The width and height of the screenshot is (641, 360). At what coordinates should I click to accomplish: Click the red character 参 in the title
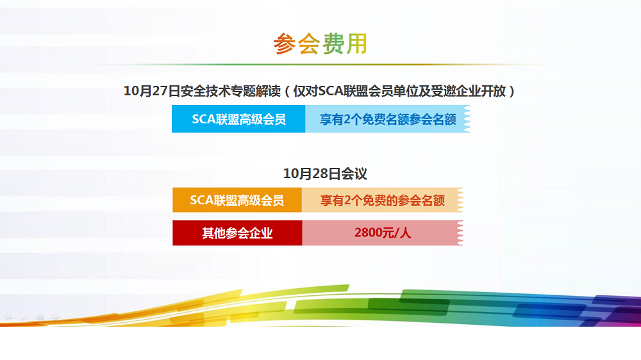[x=285, y=44]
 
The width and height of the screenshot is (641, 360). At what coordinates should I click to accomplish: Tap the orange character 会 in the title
[x=309, y=44]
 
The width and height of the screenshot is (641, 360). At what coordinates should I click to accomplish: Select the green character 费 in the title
[x=333, y=44]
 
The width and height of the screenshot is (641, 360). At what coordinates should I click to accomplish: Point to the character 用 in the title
[x=356, y=44]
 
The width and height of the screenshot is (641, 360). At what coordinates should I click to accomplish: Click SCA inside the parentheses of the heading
[x=331, y=91]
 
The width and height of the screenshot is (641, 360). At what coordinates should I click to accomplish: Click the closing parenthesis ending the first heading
[x=511, y=91]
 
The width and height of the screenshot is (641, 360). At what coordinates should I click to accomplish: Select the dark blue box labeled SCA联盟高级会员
[x=238, y=119]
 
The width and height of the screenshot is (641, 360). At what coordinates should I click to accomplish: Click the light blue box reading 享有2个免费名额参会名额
[x=388, y=119]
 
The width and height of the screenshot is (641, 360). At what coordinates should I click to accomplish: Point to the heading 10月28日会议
[x=325, y=174]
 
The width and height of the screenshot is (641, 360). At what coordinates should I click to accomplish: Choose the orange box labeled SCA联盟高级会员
[x=237, y=200]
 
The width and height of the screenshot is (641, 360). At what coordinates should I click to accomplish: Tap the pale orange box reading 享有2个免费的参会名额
[x=382, y=200]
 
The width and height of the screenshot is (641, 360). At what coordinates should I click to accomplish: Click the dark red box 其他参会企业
[x=237, y=233]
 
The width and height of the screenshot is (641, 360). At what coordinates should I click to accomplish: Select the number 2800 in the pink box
[x=367, y=233]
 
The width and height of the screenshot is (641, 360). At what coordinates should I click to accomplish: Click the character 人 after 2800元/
[x=405, y=233]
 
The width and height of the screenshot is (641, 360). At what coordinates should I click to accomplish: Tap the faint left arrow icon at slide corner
[x=8, y=317]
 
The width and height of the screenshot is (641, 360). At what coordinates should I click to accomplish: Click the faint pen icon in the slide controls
[x=24, y=317]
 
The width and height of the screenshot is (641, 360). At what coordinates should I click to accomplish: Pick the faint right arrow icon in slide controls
[x=55, y=317]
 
